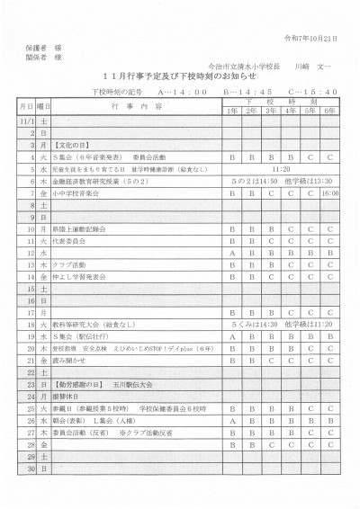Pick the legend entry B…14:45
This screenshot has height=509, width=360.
(x=247, y=92)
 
